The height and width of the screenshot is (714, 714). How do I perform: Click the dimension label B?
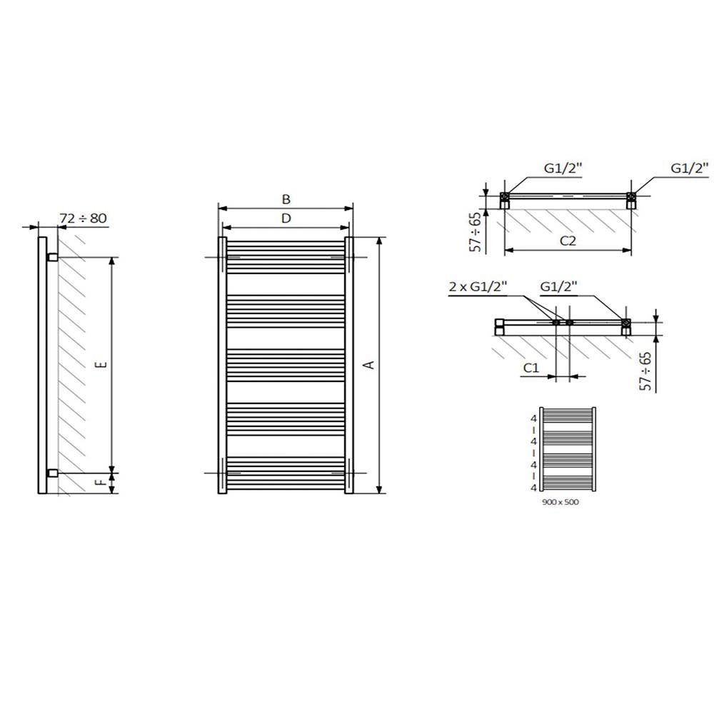pyautogui.click(x=286, y=199)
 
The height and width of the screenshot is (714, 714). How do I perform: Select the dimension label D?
pyautogui.click(x=286, y=218)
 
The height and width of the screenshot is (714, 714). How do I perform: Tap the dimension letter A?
pyautogui.click(x=370, y=365)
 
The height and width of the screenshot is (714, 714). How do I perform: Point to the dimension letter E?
pyautogui.click(x=103, y=364)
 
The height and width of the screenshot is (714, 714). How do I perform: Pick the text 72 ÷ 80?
pyautogui.click(x=83, y=218)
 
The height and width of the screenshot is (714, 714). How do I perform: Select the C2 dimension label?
pyautogui.click(x=568, y=241)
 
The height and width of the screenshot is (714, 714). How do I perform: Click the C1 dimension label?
pyautogui.click(x=531, y=368)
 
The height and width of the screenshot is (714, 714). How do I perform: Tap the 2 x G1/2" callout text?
pyautogui.click(x=478, y=286)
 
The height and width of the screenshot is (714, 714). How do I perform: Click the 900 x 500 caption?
pyautogui.click(x=560, y=502)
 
